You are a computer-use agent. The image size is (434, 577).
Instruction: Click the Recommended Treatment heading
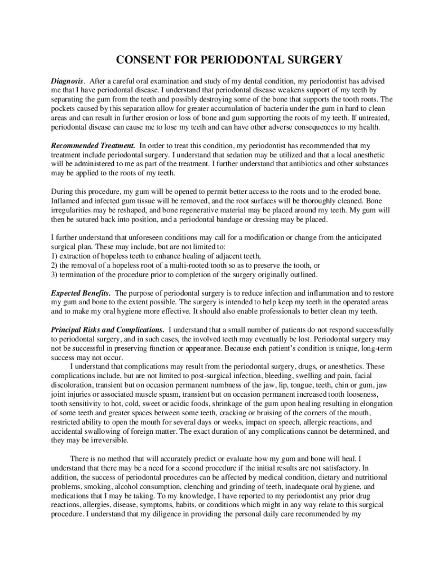pos(93,145)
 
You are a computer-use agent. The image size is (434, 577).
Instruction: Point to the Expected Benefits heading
pos(81,294)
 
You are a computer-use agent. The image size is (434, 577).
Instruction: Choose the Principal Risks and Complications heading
pos(108,329)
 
